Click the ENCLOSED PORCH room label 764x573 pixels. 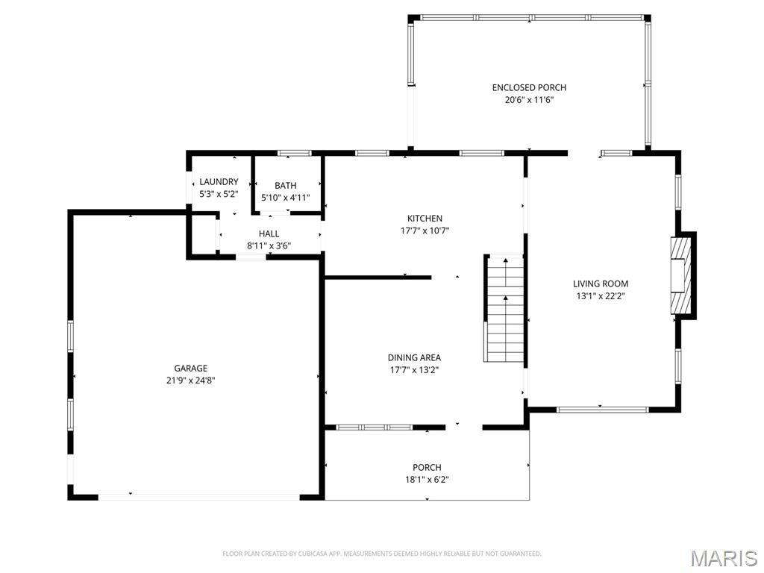pos(529,88)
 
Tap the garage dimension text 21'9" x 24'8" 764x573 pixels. pos(191,380)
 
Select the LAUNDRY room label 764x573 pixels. pos(219,182)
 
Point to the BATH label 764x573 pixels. pos(285,186)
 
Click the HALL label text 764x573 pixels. pos(269,234)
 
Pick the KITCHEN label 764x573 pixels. pos(425,219)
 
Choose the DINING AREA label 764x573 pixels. pos(414,358)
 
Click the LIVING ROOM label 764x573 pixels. pos(601,284)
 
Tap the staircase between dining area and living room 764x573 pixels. pos(505,309)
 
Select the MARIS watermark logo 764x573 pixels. pos(723,557)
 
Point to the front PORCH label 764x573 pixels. pos(427,468)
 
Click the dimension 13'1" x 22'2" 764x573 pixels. pos(601,295)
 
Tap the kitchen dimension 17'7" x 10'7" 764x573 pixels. pos(425,231)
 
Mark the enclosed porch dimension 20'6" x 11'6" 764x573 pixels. pos(529,99)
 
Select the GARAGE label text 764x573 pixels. pos(191,368)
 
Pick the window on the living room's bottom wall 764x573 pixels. pos(602,409)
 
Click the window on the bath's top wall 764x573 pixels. pos(294,154)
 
